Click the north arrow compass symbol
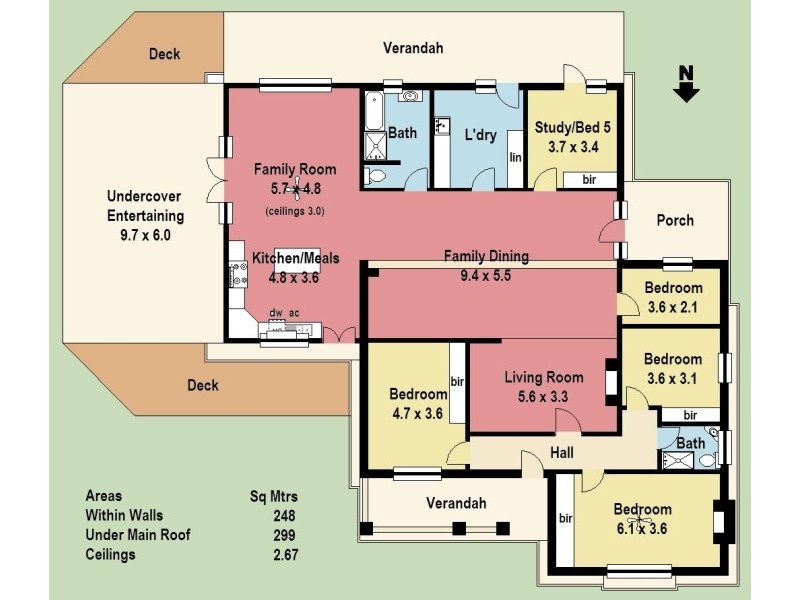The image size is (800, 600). point(686,83)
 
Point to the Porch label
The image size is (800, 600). point(675,220)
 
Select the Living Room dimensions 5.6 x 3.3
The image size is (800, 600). point(543,396)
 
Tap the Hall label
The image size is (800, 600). point(562,453)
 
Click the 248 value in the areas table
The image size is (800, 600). point(284,515)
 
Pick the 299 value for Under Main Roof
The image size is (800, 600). point(284,535)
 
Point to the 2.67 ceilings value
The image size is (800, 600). point(284,555)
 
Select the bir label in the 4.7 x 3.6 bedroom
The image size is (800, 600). point(458,382)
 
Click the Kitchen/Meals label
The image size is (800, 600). point(295,258)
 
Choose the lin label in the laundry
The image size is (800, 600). point(516,157)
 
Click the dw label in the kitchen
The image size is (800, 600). point(275,313)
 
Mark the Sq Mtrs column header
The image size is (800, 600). point(273,496)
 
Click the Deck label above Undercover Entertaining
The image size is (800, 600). point(164,54)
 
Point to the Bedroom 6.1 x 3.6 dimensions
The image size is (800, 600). point(641,528)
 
